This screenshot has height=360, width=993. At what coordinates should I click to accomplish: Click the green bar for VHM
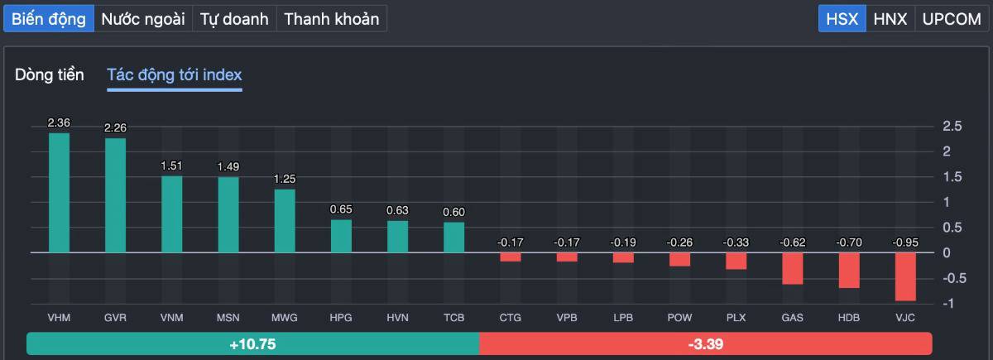[x=59, y=192]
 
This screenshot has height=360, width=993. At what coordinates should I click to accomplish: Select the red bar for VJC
[x=905, y=276]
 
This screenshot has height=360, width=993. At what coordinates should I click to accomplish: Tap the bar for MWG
[x=285, y=220]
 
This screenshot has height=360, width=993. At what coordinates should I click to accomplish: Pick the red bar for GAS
[x=792, y=268]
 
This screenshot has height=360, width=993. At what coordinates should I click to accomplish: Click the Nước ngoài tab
[x=143, y=19]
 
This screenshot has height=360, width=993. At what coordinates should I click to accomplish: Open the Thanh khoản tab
[x=331, y=19]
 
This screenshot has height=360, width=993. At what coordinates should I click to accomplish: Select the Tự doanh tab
[x=234, y=19]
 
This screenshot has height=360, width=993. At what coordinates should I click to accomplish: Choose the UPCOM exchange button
[x=951, y=19]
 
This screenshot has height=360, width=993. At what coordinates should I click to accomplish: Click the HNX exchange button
[x=890, y=19]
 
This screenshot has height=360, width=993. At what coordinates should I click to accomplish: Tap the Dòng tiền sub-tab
[x=50, y=75]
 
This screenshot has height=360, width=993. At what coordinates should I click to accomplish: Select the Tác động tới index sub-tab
[x=175, y=75]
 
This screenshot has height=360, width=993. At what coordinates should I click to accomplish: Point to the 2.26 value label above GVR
[x=115, y=127]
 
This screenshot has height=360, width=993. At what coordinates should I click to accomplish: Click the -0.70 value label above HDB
[x=848, y=242]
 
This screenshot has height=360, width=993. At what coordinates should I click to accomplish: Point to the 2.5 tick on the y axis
[x=952, y=127]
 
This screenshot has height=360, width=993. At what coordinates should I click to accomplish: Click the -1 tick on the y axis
[x=951, y=303]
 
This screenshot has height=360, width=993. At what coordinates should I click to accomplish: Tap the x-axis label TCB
[x=453, y=318]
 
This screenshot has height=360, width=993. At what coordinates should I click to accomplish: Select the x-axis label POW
[x=679, y=318]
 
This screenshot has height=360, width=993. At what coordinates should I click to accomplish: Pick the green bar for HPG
[x=341, y=235]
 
